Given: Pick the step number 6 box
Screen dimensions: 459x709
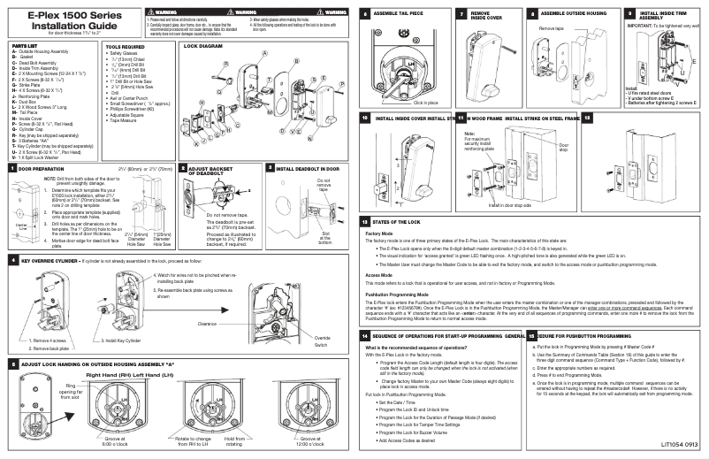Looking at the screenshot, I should point(366,15).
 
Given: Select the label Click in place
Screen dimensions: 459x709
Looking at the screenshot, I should point(414,103).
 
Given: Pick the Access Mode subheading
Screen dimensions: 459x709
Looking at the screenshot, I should point(379,276).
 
